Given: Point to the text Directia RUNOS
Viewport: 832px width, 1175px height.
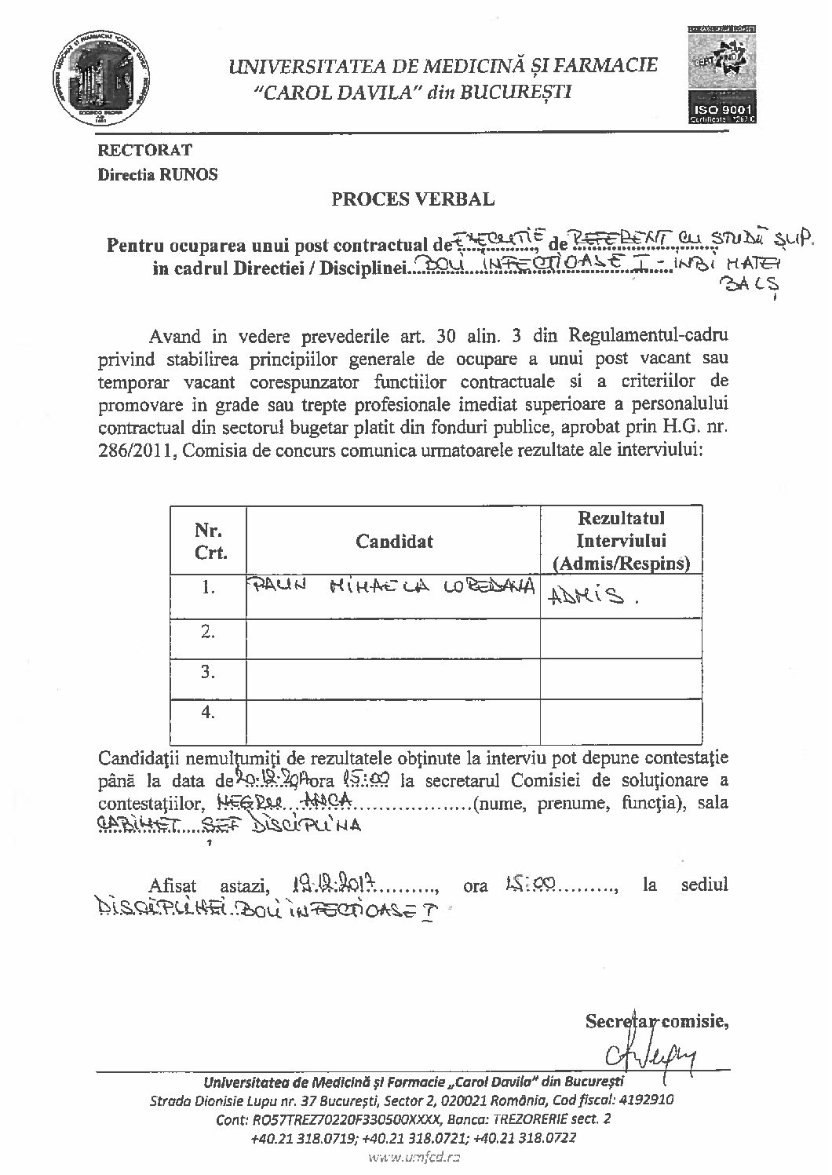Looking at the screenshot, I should point(157,174).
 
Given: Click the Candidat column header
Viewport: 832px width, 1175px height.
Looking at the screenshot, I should point(393,541).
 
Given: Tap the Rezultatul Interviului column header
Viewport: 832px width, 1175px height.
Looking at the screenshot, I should point(621,541).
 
